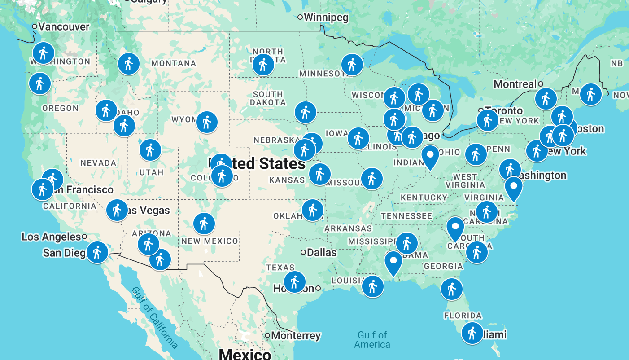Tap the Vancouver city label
pyautogui.click(x=63, y=27)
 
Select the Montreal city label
pyautogui.click(x=515, y=84)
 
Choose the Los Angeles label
pyautogui.click(x=51, y=237)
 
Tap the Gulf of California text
pyautogui.click(x=154, y=317)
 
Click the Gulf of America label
pyautogui.click(x=372, y=340)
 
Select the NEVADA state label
pyautogui.click(x=98, y=163)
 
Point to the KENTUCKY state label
pyautogui.click(x=424, y=198)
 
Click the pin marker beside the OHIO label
pyautogui.click(x=430, y=156)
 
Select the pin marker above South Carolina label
pyautogui.click(x=455, y=228)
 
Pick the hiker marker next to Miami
pyautogui.click(x=472, y=333)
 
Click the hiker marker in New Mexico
pyautogui.click(x=204, y=223)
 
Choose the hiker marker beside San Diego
pyautogui.click(x=97, y=252)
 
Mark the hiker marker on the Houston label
pyautogui.click(x=294, y=282)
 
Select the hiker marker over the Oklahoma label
pyautogui.click(x=313, y=210)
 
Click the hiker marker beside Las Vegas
pyautogui.click(x=117, y=210)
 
